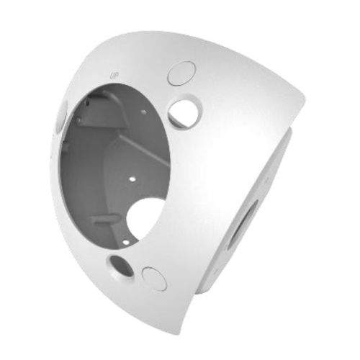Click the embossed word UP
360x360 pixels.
click(113, 74)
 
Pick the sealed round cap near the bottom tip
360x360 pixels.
click(154, 278)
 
